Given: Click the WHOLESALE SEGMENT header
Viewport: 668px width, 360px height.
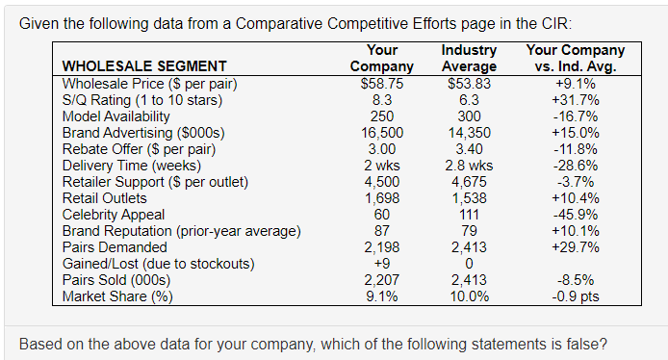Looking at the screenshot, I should coord(144,66).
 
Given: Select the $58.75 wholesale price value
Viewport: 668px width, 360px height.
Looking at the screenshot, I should coord(382,83).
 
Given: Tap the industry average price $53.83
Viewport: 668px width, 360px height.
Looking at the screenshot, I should coord(469,83).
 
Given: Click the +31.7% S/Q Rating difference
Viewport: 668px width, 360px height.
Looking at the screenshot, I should coord(575,99).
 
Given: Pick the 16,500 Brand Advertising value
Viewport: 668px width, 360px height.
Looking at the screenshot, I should coord(382,132).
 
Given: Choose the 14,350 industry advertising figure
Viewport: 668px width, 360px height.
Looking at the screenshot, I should coord(469,132).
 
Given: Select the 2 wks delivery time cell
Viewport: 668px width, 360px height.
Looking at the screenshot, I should coord(382,165).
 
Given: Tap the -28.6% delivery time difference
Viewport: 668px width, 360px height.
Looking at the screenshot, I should coord(575,165).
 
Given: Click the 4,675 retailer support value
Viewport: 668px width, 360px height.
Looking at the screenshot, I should coord(469,181).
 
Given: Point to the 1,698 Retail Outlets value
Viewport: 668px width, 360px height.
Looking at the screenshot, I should coord(382,197).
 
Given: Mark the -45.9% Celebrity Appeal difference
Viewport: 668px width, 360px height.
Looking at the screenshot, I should coord(575,214).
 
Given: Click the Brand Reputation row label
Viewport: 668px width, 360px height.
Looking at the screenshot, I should coord(181,230).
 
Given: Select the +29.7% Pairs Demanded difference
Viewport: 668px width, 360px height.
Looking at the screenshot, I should coord(575,246).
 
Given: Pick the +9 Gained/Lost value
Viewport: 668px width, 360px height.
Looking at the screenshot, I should coord(382,263).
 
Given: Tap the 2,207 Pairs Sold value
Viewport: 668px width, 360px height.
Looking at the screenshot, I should coord(382,279).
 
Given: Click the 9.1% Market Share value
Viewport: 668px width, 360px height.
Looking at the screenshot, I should coord(382,296).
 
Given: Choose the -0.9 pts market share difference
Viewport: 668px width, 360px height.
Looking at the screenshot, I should coord(575,296).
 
